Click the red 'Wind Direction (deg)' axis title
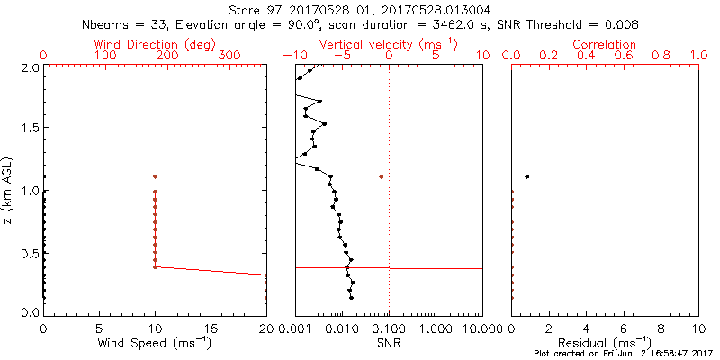point(155,44)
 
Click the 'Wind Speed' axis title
point(155,344)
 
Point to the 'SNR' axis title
point(389,344)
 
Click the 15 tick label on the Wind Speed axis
point(211,329)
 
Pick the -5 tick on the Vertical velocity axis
point(342,56)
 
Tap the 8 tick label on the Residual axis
point(661,329)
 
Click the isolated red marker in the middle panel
point(382,177)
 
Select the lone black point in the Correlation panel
point(526,176)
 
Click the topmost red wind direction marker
point(155,177)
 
